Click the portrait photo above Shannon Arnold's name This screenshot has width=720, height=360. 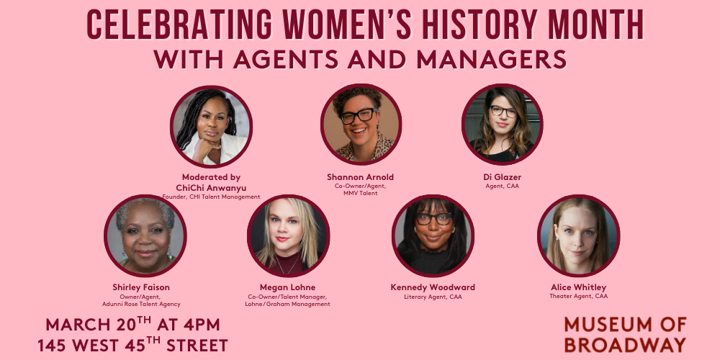click(x=360, y=125)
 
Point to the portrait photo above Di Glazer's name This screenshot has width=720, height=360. click(x=502, y=125)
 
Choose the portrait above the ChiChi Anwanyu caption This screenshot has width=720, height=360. click(x=212, y=125)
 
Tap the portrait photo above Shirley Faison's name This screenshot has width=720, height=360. click(x=145, y=235)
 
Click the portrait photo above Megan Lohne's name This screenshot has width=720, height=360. click(x=288, y=235)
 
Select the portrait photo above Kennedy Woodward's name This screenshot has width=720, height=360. click(x=433, y=235)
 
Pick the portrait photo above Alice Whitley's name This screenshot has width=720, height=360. click(x=578, y=235)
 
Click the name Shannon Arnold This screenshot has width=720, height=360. click(x=360, y=177)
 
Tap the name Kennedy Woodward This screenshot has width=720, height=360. click(x=433, y=287)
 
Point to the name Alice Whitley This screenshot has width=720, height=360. click(x=578, y=287)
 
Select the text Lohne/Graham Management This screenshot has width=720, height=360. click(x=289, y=304)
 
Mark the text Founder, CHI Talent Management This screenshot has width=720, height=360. click(x=212, y=196)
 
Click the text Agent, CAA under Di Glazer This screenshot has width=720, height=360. click(x=502, y=186)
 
